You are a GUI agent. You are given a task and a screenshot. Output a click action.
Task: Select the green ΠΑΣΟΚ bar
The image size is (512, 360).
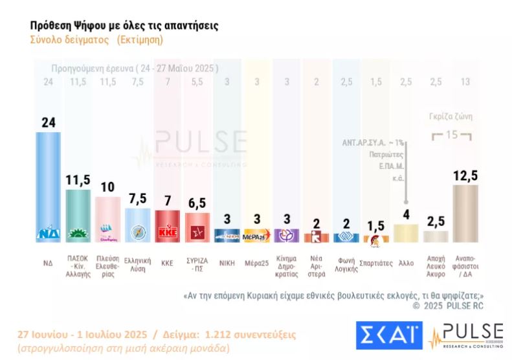coord(78,210)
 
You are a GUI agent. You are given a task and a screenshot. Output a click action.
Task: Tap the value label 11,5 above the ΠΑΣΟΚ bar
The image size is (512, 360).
coord(78,179)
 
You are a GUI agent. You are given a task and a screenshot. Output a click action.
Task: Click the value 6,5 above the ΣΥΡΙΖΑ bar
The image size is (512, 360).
coord(197,203)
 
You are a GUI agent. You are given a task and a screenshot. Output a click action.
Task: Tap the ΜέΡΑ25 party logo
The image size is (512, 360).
coord(256,236)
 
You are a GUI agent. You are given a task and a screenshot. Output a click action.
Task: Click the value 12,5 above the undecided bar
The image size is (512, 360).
coord(465,175)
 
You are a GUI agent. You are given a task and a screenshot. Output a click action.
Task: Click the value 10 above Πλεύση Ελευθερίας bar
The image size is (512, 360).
coord(107,187)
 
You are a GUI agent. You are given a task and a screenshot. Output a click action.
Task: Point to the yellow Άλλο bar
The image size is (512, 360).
coord(406,232)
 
